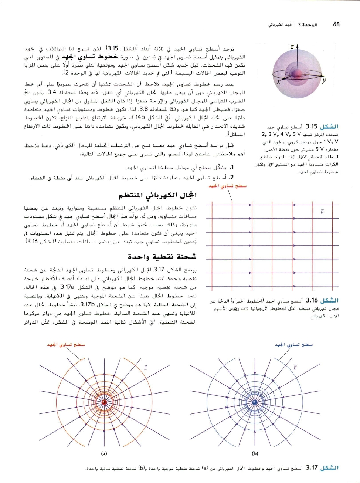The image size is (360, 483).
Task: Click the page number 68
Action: tap(336, 24)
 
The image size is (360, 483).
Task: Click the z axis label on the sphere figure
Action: tap(292, 47)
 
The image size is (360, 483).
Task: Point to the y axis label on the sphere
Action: tap(324, 81)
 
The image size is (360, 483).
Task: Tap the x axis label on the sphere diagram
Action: tap(279, 82)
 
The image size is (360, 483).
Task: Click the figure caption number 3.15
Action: tap(311, 126)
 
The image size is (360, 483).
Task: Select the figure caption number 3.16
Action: tap(312, 300)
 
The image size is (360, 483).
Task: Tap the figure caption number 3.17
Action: tap(312, 467)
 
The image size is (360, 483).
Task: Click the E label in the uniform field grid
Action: tap(322, 212)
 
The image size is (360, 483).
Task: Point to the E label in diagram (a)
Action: tap(146, 368)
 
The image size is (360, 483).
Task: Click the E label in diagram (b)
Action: tap(295, 368)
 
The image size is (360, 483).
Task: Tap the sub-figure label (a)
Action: tap(104, 453)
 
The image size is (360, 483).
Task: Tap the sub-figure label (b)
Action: tap(255, 453)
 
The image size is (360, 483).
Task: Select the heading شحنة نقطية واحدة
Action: tap(162, 257)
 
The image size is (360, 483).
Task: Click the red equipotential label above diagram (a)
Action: tap(66, 345)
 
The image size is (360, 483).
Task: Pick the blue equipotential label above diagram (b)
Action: tap(294, 345)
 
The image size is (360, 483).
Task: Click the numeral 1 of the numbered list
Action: tap(232, 168)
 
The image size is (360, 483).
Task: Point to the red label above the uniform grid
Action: tap(227, 186)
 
